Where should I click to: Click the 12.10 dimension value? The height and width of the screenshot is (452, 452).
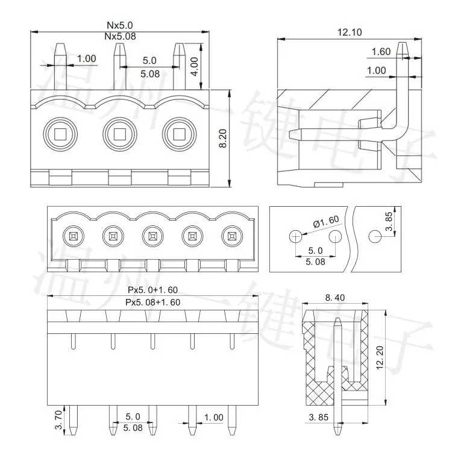(x=350, y=33)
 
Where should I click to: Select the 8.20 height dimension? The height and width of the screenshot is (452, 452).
(x=223, y=139)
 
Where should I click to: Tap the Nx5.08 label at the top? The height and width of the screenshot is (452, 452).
(x=120, y=36)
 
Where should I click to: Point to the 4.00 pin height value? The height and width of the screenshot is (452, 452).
(x=195, y=66)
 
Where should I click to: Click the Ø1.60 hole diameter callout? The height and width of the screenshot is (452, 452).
(x=326, y=221)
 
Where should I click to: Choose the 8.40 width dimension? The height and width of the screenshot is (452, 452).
(x=335, y=297)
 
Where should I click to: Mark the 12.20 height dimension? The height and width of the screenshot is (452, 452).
(x=380, y=357)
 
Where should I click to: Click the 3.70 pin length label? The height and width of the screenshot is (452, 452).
(x=58, y=419)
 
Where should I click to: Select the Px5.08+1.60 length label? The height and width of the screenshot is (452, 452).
(x=153, y=302)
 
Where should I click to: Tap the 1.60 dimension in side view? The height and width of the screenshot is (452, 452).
(x=381, y=52)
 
